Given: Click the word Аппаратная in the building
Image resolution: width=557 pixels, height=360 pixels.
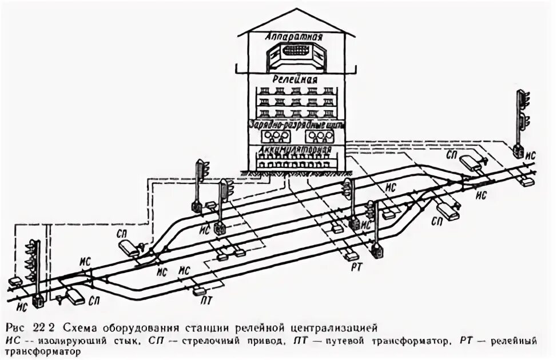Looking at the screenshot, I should click(x=295, y=37).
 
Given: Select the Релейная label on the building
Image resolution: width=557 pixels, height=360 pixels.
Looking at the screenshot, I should click(x=295, y=80).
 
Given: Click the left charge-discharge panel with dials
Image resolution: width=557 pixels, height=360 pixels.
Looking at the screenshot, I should click(x=275, y=137).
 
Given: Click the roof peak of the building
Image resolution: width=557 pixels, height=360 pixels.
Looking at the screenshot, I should click(x=296, y=10).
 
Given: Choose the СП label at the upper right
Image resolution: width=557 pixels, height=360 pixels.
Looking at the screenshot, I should click(x=452, y=155).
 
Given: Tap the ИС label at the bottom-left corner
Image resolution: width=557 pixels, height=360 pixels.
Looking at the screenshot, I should click(x=22, y=307).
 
